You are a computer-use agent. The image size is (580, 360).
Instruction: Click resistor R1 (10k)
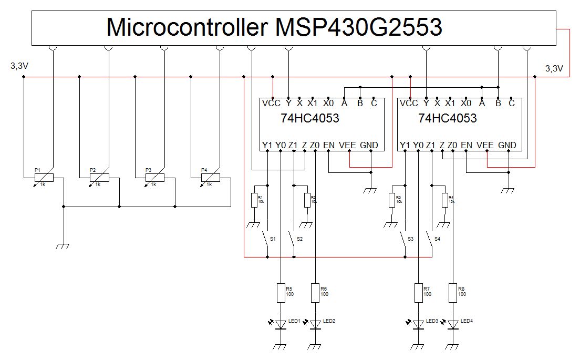point(254,200)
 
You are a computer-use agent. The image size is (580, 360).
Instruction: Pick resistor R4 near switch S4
point(444,200)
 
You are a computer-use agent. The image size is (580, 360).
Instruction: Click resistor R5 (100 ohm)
point(281,293)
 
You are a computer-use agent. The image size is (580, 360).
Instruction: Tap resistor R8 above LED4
point(452,293)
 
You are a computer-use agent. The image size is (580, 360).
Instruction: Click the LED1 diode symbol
point(281,325)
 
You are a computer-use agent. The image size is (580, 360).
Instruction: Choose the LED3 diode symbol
point(418,325)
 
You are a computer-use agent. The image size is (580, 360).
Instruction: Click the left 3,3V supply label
point(19,67)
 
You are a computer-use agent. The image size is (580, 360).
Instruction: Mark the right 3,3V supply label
point(554,68)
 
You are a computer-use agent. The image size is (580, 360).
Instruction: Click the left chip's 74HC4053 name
point(310,118)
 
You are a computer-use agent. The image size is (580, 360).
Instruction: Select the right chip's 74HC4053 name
point(448,118)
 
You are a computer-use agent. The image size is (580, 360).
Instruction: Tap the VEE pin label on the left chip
point(349,145)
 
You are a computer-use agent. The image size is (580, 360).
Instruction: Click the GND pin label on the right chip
point(507,145)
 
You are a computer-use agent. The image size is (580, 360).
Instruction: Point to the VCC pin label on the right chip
point(409,104)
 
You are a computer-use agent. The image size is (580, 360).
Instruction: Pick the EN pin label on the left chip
point(328,145)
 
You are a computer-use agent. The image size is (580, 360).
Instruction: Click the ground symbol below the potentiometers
point(64,245)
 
